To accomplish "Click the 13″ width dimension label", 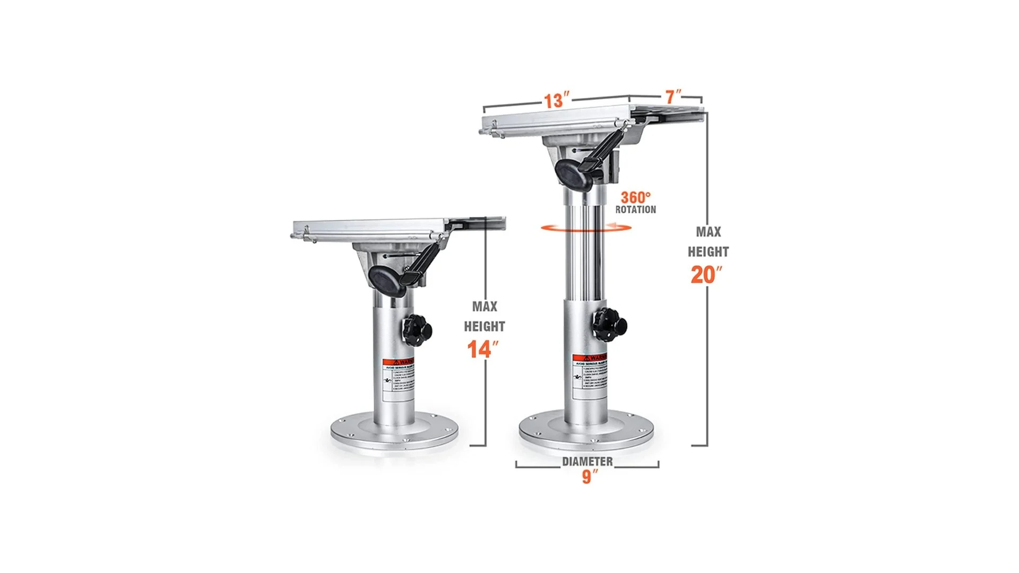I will click(556, 100).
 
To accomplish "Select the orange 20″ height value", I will click(706, 275).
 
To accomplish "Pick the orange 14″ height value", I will click(482, 350).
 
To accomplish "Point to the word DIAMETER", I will click(587, 462).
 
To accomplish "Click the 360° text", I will click(635, 197).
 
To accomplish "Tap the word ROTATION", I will click(635, 210).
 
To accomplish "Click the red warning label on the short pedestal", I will click(398, 362).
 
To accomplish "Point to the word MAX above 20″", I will click(708, 232).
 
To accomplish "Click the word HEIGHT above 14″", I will click(484, 326).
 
